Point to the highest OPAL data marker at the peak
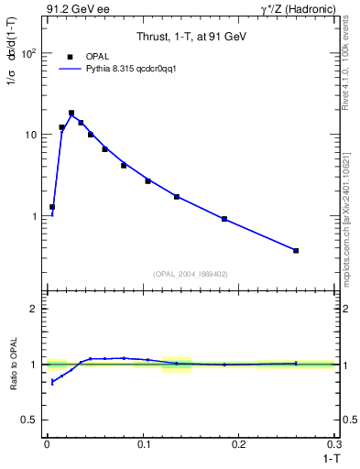pyautogui.click(x=71, y=114)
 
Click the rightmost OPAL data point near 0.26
pyautogui.click(x=296, y=250)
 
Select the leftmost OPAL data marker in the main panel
pyautogui.click(x=52, y=207)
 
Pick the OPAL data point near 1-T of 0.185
pyautogui.click(x=224, y=219)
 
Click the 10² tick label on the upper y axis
pyautogui.click(x=29, y=53)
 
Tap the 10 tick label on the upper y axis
pyautogui.click(x=31, y=135)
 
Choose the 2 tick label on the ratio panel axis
pyautogui.click(x=34, y=309)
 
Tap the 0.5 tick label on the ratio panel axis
pyautogui.click(x=29, y=420)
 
